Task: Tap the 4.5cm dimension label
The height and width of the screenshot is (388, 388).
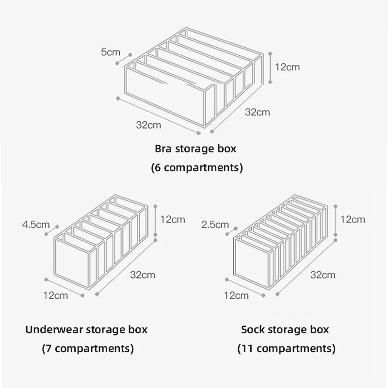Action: pyautogui.click(x=36, y=225)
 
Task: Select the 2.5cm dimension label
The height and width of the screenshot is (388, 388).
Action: pyautogui.click(x=215, y=225)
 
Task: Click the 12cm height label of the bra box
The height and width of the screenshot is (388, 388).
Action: pyautogui.click(x=288, y=67)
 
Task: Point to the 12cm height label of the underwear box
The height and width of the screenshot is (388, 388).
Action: pyautogui.click(x=173, y=219)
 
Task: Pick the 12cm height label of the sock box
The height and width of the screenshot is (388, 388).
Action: pyautogui.click(x=353, y=219)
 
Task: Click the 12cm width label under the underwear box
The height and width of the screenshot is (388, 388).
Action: pyautogui.click(x=55, y=295)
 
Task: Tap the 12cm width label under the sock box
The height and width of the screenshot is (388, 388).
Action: pyautogui.click(x=236, y=295)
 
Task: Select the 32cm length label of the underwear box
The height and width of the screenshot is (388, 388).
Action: pyautogui.click(x=143, y=275)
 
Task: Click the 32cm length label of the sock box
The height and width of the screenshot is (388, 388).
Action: pyautogui.click(x=323, y=275)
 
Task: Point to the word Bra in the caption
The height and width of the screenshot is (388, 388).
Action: pyautogui.click(x=164, y=148)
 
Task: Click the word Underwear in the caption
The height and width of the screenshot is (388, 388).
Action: pyautogui.click(x=54, y=330)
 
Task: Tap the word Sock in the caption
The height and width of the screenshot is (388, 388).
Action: pyautogui.click(x=252, y=330)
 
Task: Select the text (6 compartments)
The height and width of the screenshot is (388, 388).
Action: pyautogui.click(x=197, y=168)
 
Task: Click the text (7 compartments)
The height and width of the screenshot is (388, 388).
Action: pyautogui.click(x=87, y=348)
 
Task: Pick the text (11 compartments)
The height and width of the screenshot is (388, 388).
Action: pyautogui.click(x=286, y=348)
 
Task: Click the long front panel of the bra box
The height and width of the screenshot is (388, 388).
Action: pyautogui.click(x=165, y=97)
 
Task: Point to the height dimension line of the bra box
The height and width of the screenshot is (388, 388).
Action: pyautogui.click(x=270, y=67)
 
